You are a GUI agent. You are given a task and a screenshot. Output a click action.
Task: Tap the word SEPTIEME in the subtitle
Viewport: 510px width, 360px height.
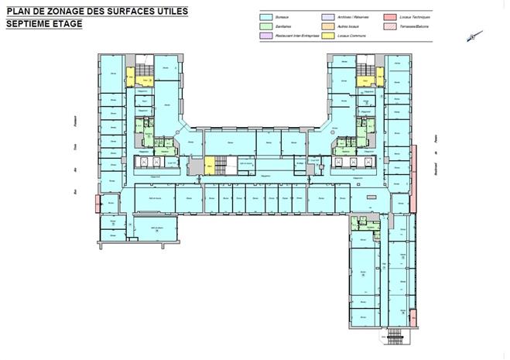tap(32, 23)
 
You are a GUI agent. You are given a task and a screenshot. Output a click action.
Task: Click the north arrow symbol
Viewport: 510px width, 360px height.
tap(474, 36)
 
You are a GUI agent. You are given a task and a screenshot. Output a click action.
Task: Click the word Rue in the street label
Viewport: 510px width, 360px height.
tap(76, 192)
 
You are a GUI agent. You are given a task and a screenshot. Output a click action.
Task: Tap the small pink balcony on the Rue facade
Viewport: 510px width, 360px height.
tap(97, 203)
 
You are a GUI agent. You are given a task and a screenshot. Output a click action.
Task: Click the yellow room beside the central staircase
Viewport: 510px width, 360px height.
tap(209, 164)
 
